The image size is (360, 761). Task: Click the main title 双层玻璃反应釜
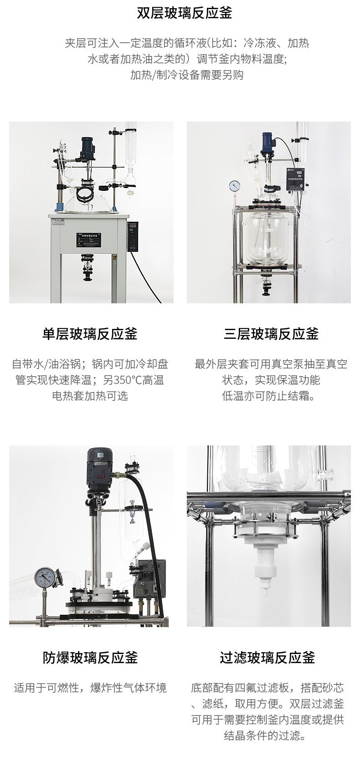[184, 14]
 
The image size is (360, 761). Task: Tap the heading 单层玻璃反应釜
[90, 334]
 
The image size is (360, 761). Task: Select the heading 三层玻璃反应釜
[271, 334]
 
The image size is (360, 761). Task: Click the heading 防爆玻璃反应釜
[90, 657]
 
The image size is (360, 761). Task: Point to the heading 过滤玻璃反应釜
[267, 657]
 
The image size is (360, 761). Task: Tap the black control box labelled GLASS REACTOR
[295, 177]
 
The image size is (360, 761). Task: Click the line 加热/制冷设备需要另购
[187, 74]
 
